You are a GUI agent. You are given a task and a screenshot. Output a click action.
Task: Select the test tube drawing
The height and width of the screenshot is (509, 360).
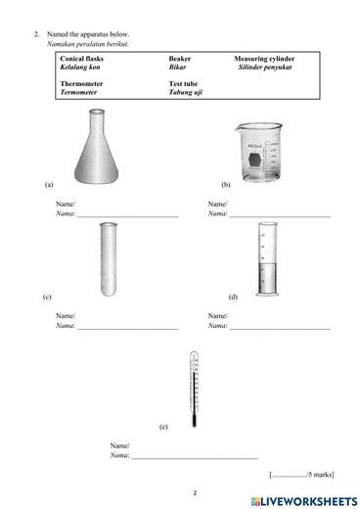pos(109,258)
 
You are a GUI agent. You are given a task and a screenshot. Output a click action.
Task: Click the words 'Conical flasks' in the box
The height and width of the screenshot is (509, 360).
pos(81,59)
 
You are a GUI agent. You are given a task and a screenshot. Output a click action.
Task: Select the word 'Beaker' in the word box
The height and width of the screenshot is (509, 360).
pos(180,59)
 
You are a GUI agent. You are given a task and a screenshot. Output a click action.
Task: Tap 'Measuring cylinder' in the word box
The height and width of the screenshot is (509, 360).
pos(263,59)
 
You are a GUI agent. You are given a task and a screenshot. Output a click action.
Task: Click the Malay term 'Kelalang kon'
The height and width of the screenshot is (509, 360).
pos(81,68)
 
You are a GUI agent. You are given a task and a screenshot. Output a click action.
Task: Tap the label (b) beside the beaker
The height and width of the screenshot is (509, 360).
pos(226,184)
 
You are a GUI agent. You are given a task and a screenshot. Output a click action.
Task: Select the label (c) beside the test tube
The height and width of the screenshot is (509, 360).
pos(47,296)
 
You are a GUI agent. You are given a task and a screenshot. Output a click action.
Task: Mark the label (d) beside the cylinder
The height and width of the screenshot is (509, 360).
pos(233,296)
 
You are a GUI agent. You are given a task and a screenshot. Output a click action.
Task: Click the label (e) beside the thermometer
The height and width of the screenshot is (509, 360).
pos(163,428)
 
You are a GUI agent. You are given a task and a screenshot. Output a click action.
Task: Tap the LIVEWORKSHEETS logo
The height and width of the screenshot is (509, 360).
pos(302,499)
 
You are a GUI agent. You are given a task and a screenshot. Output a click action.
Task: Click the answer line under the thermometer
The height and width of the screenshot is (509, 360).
pos(195,457)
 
